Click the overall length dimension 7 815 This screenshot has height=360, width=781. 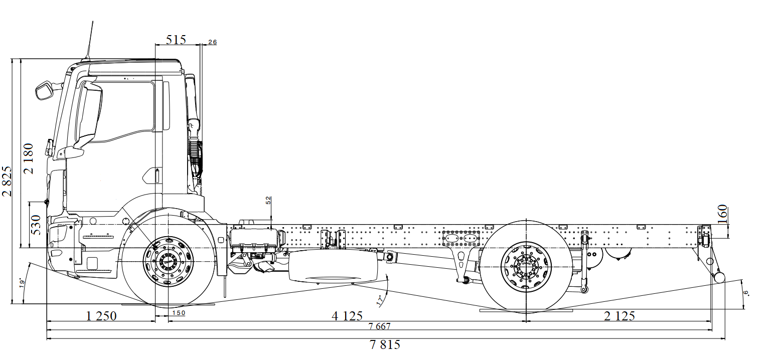click(385, 344)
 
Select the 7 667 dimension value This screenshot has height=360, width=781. click(379, 326)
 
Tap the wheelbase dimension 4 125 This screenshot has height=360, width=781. click(347, 316)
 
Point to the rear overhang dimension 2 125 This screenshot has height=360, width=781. click(619, 316)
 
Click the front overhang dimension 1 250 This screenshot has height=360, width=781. click(101, 316)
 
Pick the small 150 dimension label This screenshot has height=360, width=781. click(179, 313)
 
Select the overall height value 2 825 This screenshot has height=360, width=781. click(7, 181)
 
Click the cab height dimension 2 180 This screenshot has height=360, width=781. click(28, 158)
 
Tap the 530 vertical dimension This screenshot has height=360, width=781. click(36, 225)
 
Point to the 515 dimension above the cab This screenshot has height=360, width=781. click(176, 40)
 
